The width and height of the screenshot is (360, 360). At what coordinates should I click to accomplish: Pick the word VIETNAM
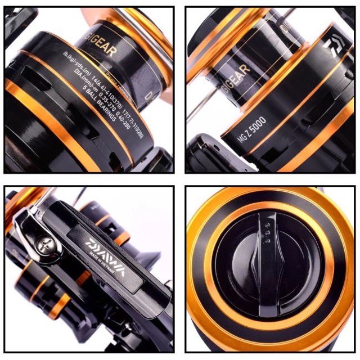click(110, 271)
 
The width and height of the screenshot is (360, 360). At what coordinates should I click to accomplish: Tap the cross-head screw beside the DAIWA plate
click(44, 247)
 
